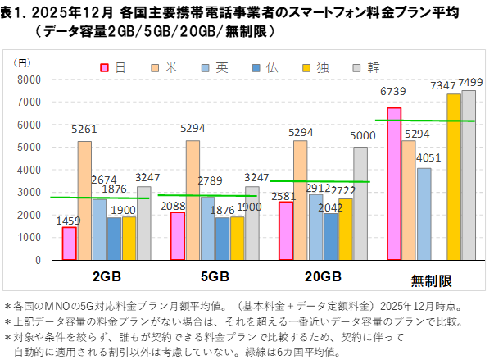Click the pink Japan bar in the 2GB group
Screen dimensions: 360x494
point(69,244)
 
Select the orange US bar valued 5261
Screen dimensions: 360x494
point(84,201)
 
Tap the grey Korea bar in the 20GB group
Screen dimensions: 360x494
point(360,203)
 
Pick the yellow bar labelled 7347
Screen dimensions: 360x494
point(454,177)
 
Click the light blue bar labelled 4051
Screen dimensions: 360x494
point(424,214)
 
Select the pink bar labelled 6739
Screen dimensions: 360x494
point(394,184)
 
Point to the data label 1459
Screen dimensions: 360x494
point(69,220)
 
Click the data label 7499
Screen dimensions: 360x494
point(470,82)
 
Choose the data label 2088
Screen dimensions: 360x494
point(174,206)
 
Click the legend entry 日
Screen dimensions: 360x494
point(114,67)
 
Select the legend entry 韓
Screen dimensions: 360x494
point(368,67)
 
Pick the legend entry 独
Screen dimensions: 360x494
point(316,67)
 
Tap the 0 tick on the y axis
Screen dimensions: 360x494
point(38,260)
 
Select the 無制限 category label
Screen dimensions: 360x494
point(431,281)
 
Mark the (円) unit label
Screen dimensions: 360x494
point(21,62)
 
